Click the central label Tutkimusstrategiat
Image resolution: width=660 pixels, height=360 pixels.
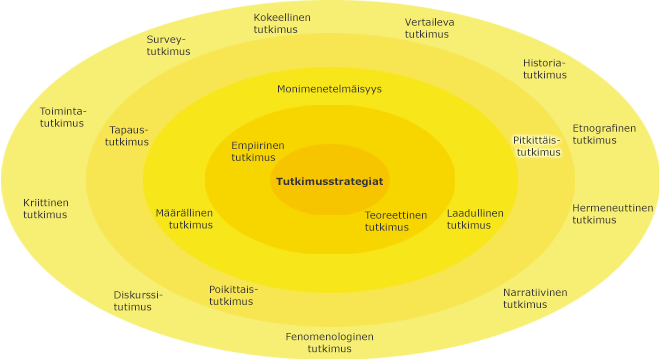tap(330, 182)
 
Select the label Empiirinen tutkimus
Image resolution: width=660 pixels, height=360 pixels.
tap(257, 151)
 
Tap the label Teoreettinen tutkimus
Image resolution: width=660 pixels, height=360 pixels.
tap(395, 221)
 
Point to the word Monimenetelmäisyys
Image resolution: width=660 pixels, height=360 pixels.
tap(329, 89)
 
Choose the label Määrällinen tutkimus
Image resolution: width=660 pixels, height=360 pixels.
tap(184, 219)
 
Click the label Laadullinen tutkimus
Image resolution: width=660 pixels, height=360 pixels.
tap(474, 219)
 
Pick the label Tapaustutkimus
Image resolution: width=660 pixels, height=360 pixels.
tap(127, 136)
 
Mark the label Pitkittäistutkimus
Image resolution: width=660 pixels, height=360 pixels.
tap(537, 146)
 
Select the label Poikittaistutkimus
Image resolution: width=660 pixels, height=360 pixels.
tap(232, 295)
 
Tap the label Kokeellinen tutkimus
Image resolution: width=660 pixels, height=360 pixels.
tap(281, 24)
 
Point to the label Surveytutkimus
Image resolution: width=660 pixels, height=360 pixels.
tap(167, 46)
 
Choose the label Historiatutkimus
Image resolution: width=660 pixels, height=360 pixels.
tap(544, 68)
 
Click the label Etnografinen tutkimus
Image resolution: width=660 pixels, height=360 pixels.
tap(603, 134)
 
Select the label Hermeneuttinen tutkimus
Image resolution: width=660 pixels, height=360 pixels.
tap(612, 214)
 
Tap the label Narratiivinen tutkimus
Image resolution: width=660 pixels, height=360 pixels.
tap(534, 298)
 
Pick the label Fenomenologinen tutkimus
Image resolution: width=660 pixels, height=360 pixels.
tap(329, 342)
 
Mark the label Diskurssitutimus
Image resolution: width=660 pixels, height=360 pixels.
tap(137, 300)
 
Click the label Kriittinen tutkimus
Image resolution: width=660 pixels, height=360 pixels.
tap(46, 208)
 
